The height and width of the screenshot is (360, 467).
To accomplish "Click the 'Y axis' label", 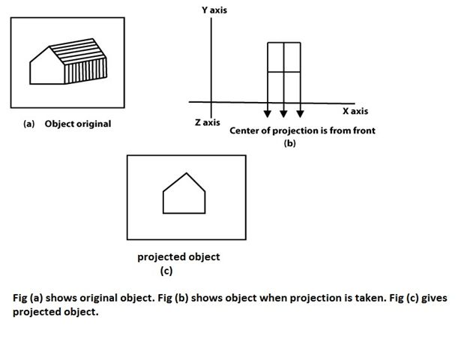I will [214, 10].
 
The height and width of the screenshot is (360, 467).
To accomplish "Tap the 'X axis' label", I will [355, 111].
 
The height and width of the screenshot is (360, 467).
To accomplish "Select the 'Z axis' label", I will [207, 122].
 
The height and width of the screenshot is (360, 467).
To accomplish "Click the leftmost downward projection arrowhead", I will [268, 113].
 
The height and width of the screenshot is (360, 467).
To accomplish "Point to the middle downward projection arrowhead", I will [284, 113].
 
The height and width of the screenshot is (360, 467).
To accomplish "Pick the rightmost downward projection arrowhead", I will [300, 113].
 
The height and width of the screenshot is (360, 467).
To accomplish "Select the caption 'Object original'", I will [77, 124].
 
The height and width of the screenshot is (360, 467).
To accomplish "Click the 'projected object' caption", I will [178, 256].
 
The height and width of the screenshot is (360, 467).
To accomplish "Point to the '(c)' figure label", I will [166, 271].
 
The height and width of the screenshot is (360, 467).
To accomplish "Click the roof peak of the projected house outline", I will [185, 173].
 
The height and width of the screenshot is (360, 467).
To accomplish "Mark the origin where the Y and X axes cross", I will [211, 102].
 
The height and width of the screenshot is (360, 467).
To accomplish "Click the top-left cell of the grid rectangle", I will [276, 57].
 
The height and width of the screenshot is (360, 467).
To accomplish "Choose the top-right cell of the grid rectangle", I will [292, 57].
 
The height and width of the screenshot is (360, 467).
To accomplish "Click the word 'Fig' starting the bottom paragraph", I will [21, 298].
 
